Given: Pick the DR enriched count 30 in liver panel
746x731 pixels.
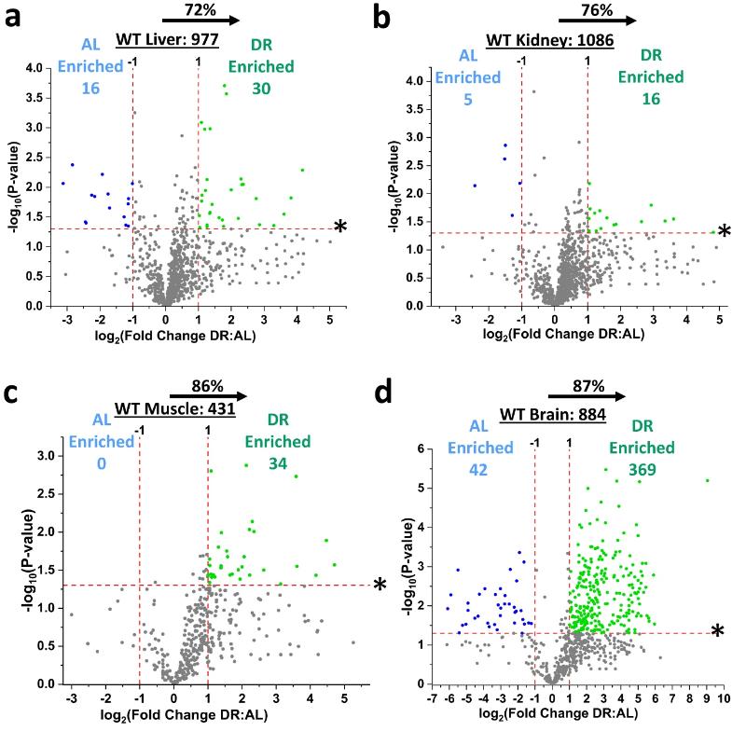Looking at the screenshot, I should [272, 90].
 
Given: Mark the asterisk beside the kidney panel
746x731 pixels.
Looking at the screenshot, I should [725, 232].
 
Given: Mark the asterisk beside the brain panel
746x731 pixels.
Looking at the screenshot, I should [718, 632].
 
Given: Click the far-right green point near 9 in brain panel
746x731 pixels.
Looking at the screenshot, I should [708, 481].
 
